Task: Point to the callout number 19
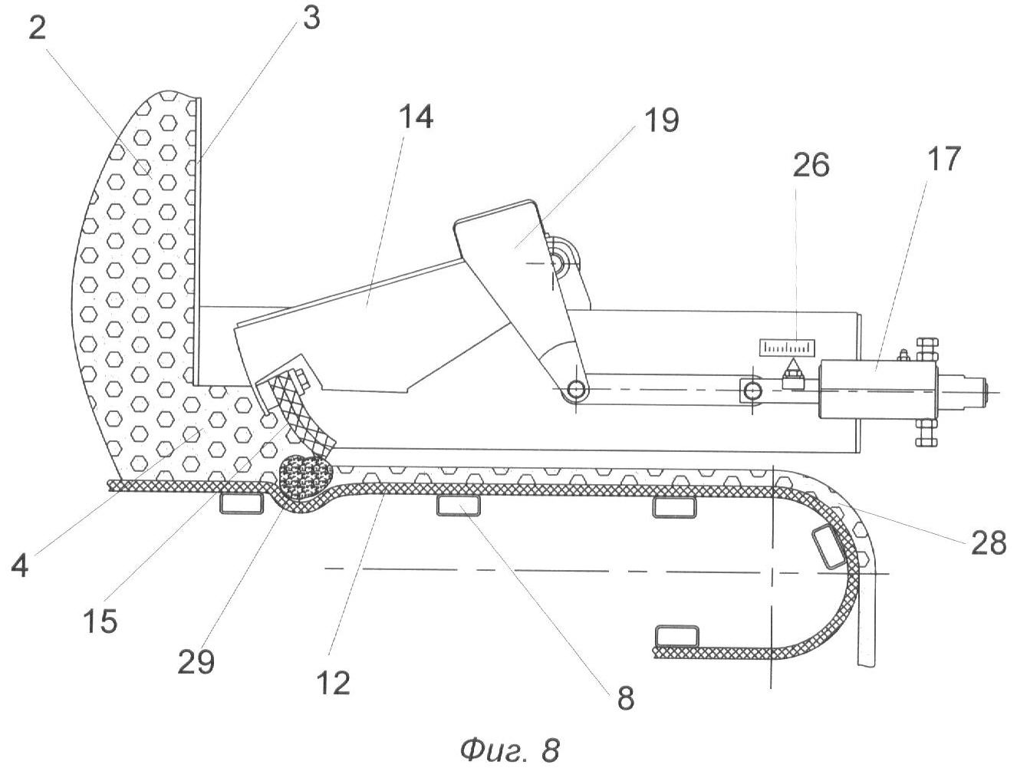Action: tap(660, 120)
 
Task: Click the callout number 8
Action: tap(625, 700)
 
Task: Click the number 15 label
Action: tap(100, 621)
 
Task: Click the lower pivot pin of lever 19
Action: tap(574, 391)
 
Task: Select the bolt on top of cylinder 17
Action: tap(925, 347)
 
